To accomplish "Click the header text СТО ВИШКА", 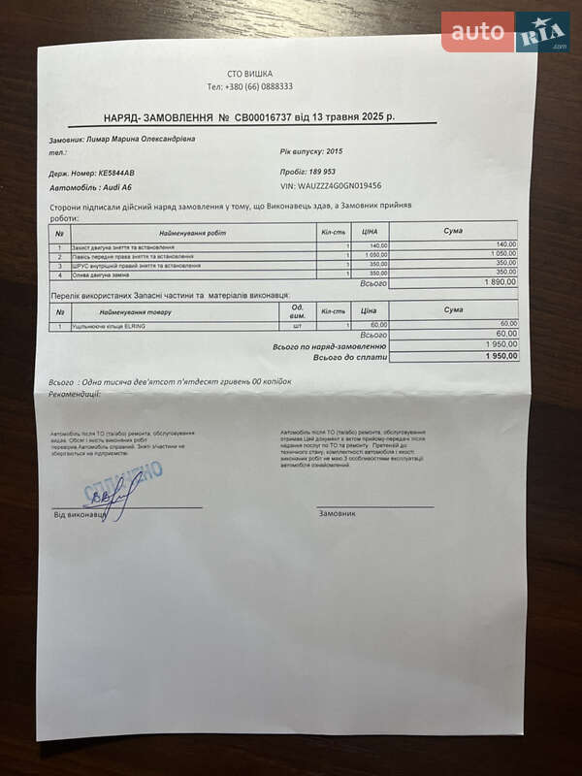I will pos(249,74).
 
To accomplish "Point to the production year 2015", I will pos(335,152).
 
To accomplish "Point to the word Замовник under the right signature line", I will pos(339,513).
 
